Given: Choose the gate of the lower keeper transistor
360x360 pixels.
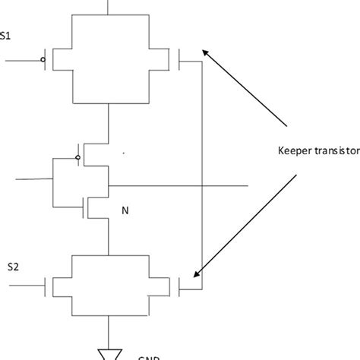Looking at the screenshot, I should coord(180,286).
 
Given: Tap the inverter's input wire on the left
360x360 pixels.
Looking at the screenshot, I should coord(34,180).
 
